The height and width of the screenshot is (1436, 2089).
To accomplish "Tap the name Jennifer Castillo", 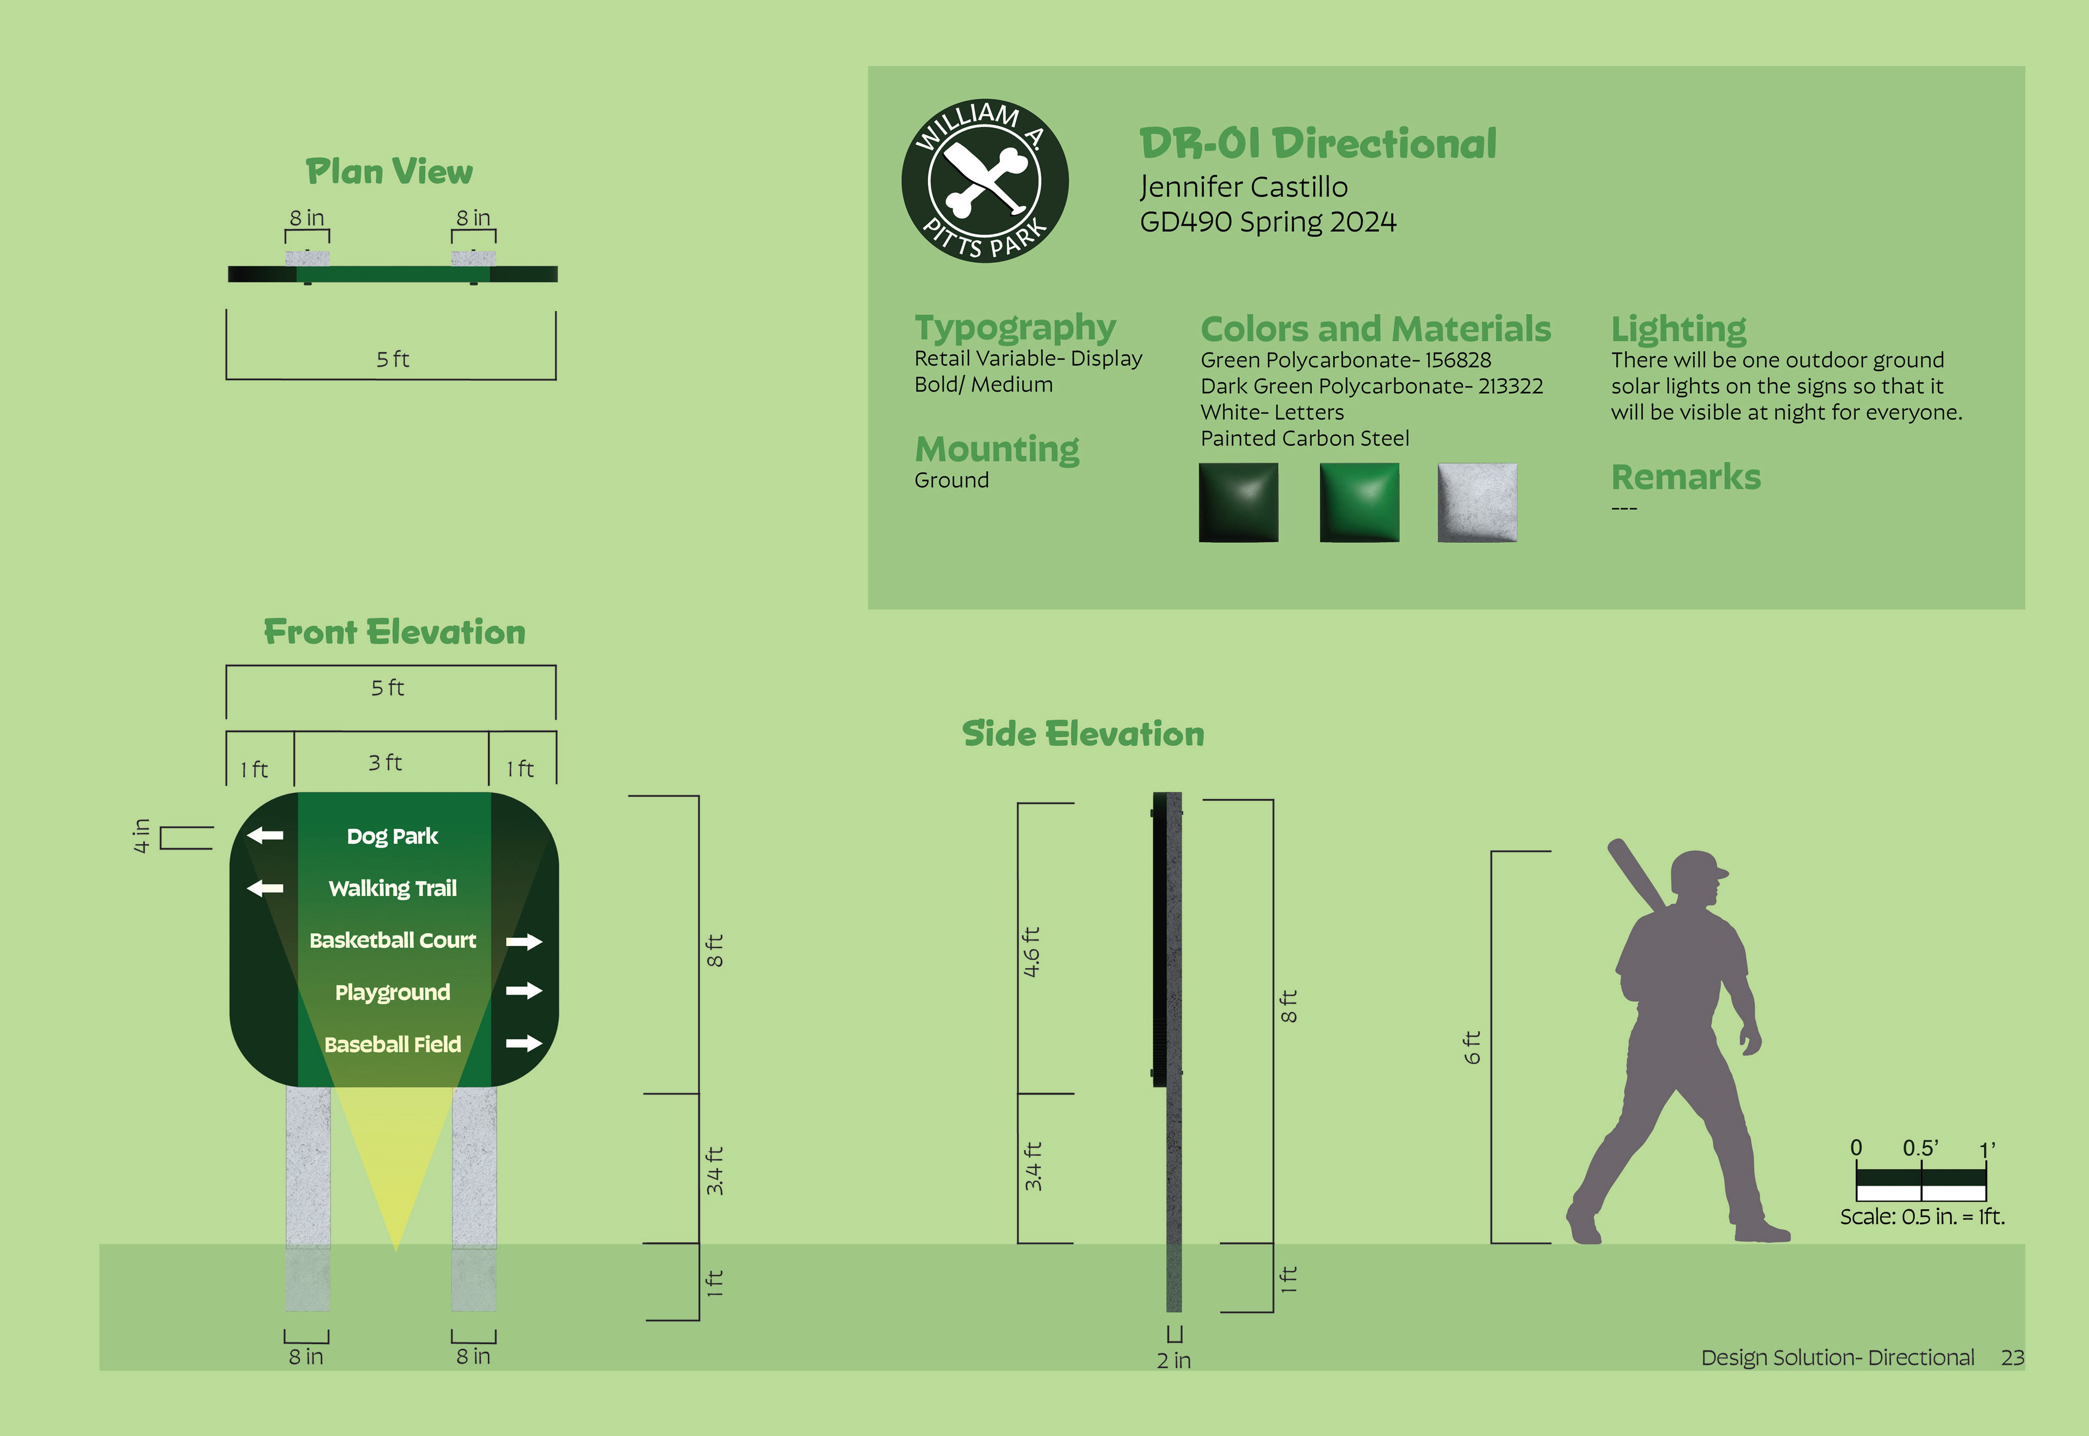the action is (1243, 187).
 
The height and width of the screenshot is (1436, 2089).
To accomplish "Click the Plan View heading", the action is (388, 172).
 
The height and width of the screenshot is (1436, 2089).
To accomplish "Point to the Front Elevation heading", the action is (394, 633).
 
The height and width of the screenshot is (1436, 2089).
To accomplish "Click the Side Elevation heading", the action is (1082, 734).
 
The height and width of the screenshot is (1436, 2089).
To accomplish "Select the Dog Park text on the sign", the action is (392, 837).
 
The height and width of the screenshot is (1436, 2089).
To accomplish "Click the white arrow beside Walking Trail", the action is (265, 888).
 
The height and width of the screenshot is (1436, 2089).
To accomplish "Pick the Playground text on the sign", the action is (392, 993).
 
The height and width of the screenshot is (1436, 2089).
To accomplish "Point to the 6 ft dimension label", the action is (1472, 1047).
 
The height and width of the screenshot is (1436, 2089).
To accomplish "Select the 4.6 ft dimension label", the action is (1032, 952).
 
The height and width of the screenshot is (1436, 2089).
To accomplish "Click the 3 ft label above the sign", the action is (385, 763).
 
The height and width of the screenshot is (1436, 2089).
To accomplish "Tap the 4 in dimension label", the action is (141, 836).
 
